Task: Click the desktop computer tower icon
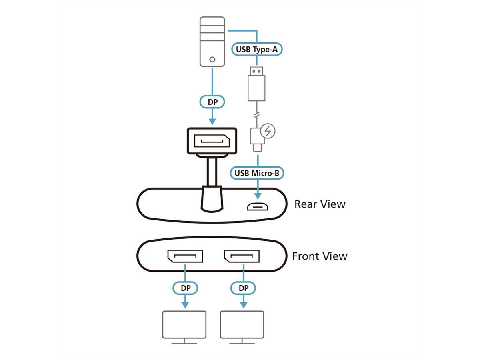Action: [x=212, y=42]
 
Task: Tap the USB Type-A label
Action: [x=256, y=50]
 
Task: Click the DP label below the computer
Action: [x=212, y=102]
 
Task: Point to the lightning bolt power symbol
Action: [x=268, y=131]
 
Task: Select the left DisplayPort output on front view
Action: [x=185, y=256]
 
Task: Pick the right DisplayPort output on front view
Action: [x=242, y=256]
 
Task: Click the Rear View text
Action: [x=320, y=204]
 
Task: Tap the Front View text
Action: [x=320, y=256]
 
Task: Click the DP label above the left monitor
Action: [x=185, y=288]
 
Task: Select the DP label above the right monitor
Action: [x=242, y=288]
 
